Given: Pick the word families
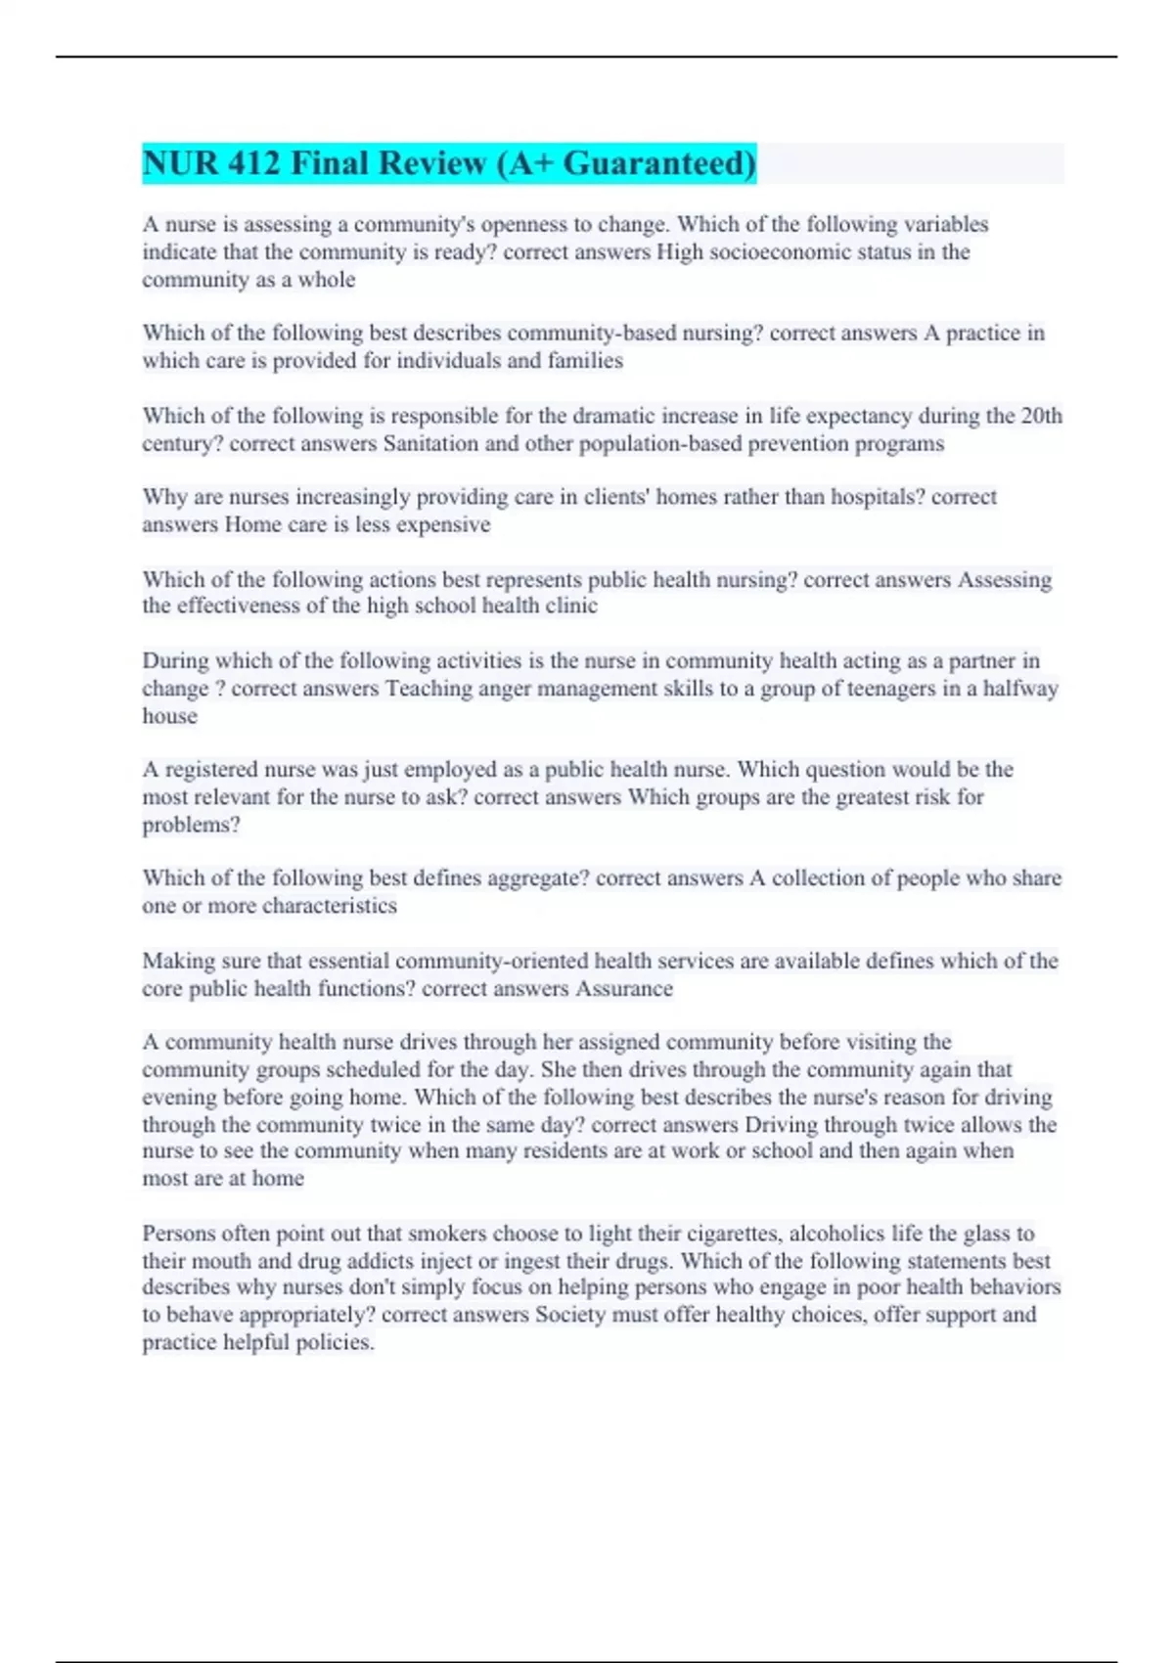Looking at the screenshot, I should point(585,361).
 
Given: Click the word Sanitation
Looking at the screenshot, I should point(429,444).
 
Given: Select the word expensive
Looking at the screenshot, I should point(443,525).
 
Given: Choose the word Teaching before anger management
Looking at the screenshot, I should point(430,689).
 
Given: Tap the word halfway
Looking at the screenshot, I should point(1020,689).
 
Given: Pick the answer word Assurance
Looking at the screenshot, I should point(624,989).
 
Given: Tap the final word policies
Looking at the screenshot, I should point(335,1343).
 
